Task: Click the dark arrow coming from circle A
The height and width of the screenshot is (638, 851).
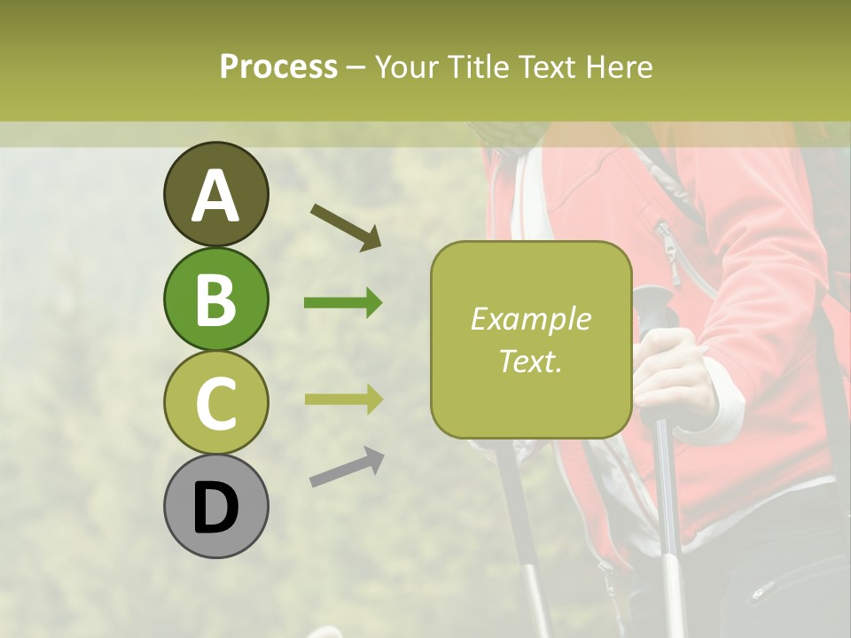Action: click(346, 226)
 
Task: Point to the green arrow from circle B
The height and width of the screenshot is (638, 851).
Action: click(343, 303)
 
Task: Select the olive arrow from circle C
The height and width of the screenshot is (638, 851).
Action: click(343, 399)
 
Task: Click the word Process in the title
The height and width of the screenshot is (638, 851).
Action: click(278, 66)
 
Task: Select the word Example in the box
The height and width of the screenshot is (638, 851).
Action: click(531, 319)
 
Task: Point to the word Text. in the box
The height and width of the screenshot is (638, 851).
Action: click(531, 361)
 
